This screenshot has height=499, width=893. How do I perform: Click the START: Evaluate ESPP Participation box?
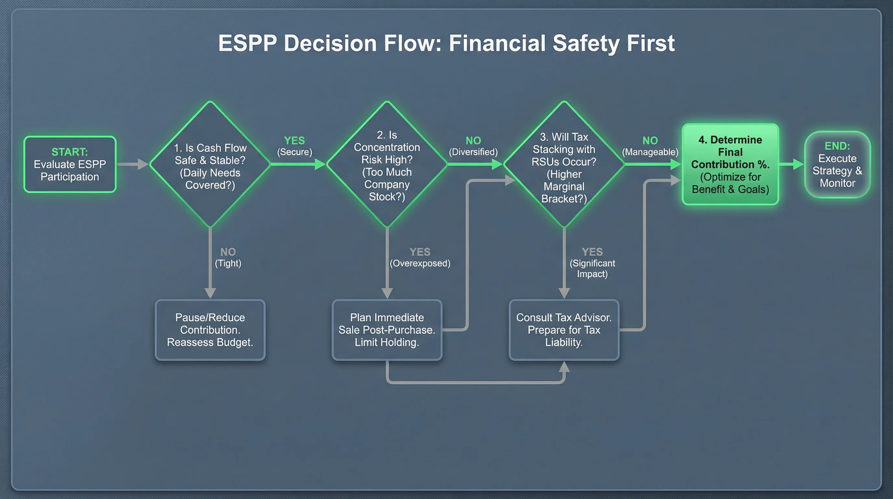70,164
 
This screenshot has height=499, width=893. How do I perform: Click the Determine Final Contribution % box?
730,164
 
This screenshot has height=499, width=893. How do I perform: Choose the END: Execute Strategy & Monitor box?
837,164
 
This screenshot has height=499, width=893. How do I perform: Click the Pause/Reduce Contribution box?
210,330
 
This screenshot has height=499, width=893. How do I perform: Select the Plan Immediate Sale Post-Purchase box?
387,330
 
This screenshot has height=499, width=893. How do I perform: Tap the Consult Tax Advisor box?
564,330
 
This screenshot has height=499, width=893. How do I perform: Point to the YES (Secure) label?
294,146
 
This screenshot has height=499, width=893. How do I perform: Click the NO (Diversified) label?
473,146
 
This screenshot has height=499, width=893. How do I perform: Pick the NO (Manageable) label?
650,146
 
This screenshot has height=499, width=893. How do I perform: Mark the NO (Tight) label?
228,257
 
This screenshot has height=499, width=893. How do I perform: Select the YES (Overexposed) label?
420,257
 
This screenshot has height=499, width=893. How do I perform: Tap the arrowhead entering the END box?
798,164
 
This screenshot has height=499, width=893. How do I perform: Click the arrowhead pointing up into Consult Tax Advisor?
564,367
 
